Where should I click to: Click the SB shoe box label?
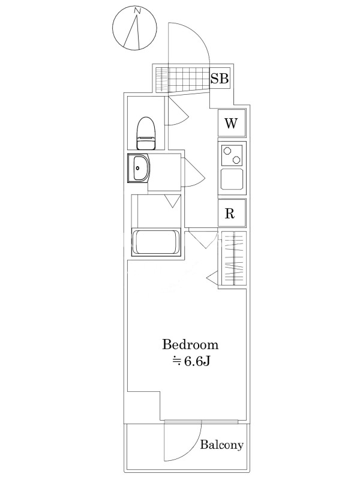click(x=220, y=79)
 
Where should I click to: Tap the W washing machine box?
click(x=232, y=123)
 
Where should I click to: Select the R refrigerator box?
click(x=232, y=213)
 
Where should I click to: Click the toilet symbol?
click(x=146, y=133)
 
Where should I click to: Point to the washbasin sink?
click(x=139, y=168)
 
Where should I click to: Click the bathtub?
click(x=157, y=242)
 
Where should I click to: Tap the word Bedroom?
click(x=190, y=344)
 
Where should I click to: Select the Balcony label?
click(x=222, y=445)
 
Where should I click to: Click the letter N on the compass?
click(x=138, y=11)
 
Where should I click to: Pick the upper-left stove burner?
click(x=227, y=151)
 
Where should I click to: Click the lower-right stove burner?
click(x=236, y=160)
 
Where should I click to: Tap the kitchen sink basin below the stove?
click(x=232, y=179)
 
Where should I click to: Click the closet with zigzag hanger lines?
click(x=232, y=259)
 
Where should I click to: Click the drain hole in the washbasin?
click(x=138, y=168)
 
